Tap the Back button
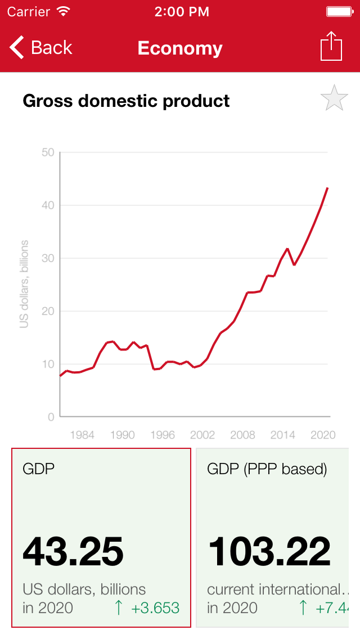[41, 48]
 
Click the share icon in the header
[331, 46]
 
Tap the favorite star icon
[334, 98]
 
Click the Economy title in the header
[180, 48]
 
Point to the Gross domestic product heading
[126, 101]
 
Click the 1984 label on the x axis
[82, 435]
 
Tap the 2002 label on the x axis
[202, 435]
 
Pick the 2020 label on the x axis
[323, 435]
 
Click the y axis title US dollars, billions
[24, 284]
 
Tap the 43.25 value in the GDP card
[73, 551]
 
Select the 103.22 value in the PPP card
[269, 551]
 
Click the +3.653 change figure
[155, 608]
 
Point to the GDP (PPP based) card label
[267, 469]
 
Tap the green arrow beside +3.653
[118, 607]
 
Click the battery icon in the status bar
[339, 11]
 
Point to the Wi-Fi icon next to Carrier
[64, 11]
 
